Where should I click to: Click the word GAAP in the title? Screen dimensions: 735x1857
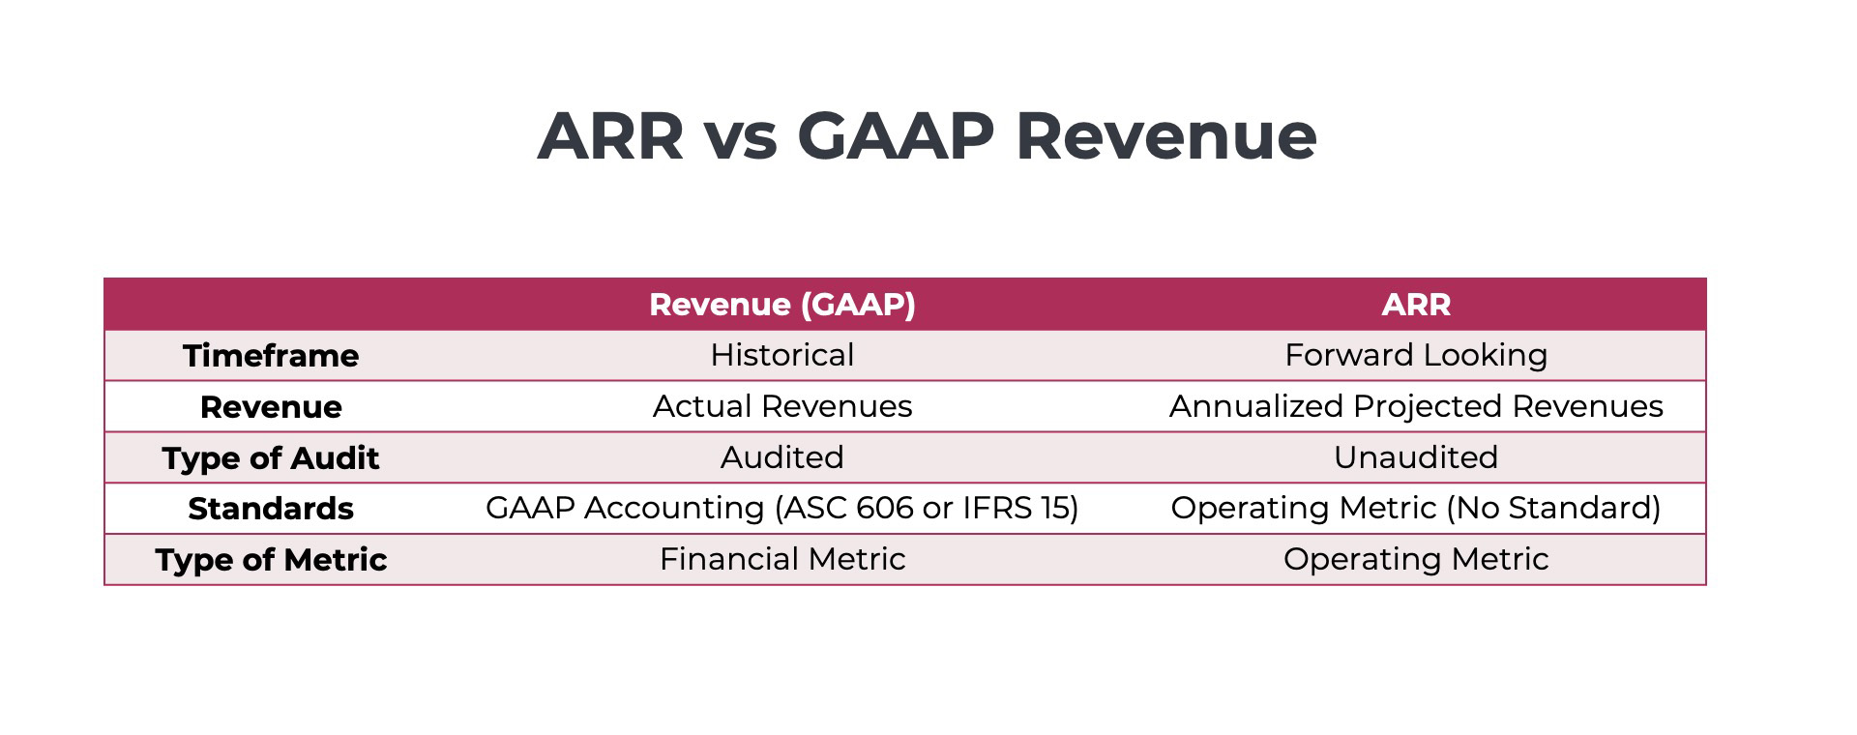[x=895, y=136]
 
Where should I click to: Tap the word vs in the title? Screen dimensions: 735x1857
[x=740, y=136]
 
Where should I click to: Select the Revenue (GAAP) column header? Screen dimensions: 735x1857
[x=781, y=305]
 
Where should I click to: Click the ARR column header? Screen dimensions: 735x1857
[x=1415, y=305]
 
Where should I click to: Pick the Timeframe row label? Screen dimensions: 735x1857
[x=271, y=356]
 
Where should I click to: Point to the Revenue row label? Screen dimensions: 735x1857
[x=271, y=407]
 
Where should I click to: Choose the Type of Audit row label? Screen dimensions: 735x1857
[x=271, y=458]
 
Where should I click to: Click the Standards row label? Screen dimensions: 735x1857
[x=271, y=509]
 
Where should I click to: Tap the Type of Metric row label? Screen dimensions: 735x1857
[x=271, y=560]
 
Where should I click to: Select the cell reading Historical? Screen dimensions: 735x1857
[x=781, y=355]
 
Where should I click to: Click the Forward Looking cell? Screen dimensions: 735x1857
[x=1415, y=355]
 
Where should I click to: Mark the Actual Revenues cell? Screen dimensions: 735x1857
[x=781, y=406]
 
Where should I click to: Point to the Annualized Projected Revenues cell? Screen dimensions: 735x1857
[x=1415, y=406]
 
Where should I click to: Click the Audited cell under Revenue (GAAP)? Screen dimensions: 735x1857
[x=781, y=457]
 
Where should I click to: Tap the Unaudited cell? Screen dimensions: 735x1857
[x=1415, y=457]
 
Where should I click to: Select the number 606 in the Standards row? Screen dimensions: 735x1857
[x=885, y=508]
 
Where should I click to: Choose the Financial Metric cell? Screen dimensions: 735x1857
[x=781, y=559]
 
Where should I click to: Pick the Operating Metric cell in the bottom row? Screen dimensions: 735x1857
[x=1415, y=559]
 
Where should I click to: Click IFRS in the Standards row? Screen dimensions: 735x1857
[x=997, y=508]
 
